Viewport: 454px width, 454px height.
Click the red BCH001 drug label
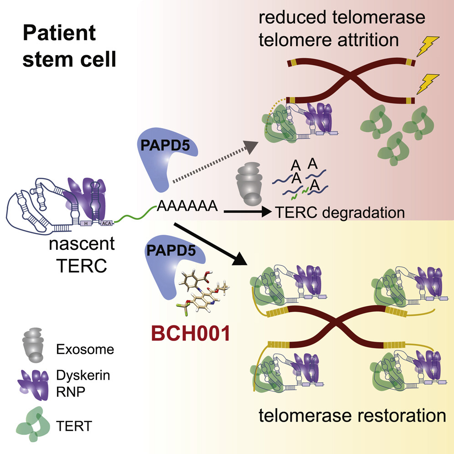click(191, 333)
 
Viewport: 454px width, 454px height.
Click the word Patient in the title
click(59, 33)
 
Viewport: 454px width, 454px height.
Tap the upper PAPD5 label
click(165, 145)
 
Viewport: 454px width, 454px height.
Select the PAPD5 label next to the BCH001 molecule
click(171, 250)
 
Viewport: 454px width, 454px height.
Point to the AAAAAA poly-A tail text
click(187, 206)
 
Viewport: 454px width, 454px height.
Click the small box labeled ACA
click(106, 223)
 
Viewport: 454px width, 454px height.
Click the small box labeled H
click(86, 223)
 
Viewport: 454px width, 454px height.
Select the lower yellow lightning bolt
click(428, 84)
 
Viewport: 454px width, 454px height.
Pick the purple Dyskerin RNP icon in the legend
click(33, 385)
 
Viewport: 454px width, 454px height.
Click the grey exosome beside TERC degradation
click(249, 184)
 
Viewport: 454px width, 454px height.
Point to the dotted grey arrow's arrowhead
click(251, 147)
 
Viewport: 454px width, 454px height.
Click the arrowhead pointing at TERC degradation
click(266, 212)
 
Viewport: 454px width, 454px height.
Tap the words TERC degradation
click(340, 212)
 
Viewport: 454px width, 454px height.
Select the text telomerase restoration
click(352, 416)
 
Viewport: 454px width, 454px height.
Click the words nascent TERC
click(82, 255)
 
